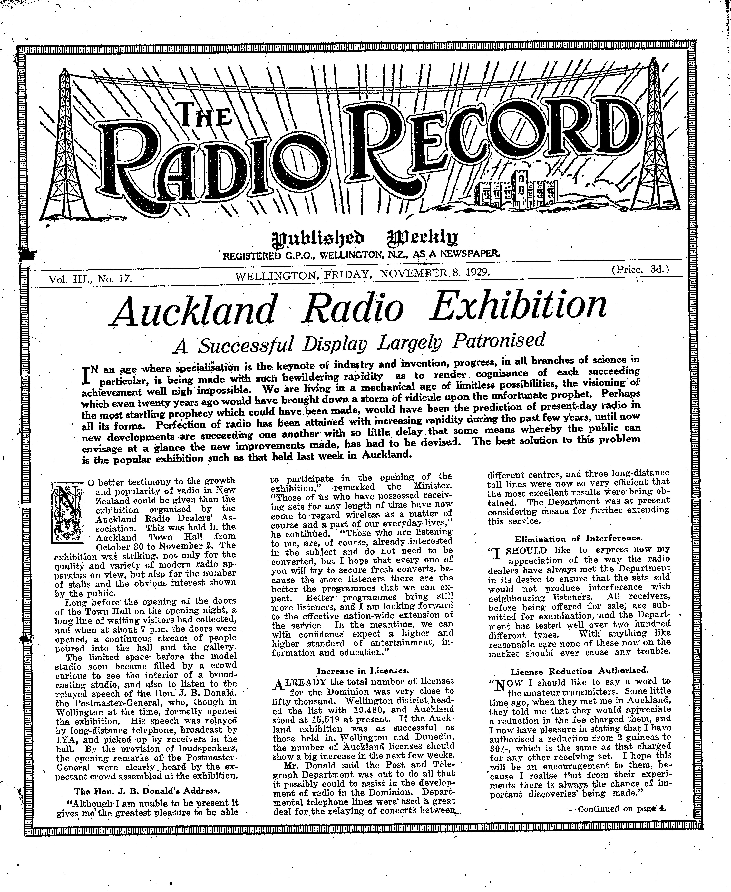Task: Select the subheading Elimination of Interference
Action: coord(579,539)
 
